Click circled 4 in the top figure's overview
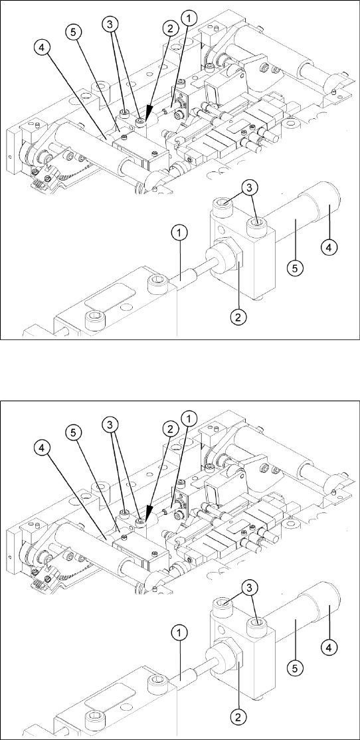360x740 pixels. pos(41,48)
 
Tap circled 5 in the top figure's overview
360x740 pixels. pos(74,32)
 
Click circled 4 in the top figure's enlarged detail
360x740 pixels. pos(328,246)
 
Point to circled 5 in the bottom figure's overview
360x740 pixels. pos(74,432)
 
